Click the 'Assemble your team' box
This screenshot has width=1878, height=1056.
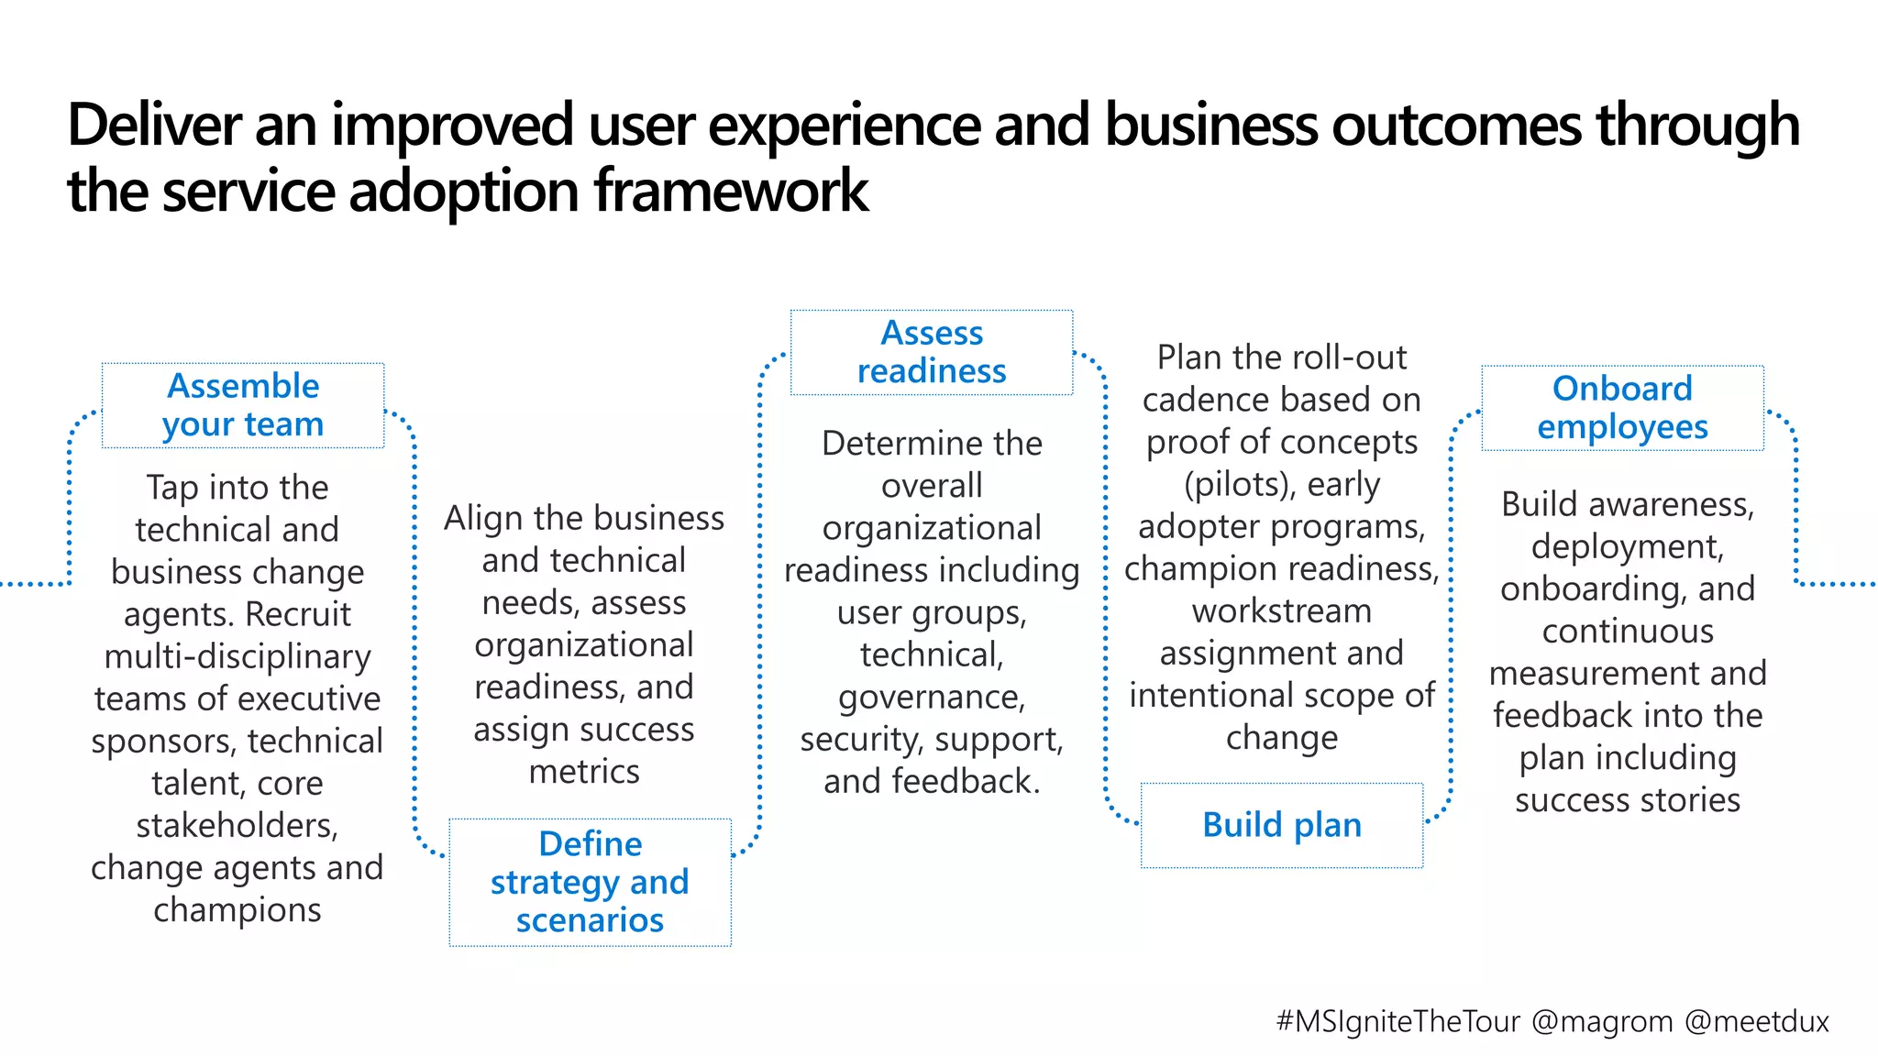(x=243, y=405)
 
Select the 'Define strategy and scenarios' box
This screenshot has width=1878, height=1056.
(x=590, y=882)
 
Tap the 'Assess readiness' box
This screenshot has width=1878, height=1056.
(x=932, y=352)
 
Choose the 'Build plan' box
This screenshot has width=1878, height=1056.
(x=1282, y=825)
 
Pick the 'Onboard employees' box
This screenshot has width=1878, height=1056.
(x=1622, y=408)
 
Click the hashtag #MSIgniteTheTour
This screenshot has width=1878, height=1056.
(x=1397, y=1021)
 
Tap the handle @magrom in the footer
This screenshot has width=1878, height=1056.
(x=1602, y=1021)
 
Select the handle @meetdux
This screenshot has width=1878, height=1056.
(x=1757, y=1021)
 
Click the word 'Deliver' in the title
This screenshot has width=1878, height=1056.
(x=154, y=126)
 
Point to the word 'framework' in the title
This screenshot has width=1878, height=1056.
(x=731, y=192)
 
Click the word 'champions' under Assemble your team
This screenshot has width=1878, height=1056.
(x=238, y=910)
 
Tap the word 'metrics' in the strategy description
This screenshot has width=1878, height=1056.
(x=584, y=772)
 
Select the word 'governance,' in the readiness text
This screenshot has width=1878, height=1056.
(x=932, y=698)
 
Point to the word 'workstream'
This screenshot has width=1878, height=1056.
(x=1282, y=611)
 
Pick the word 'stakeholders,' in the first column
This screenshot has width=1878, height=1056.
(x=238, y=826)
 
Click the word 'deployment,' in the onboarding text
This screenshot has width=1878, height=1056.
(x=1628, y=547)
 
